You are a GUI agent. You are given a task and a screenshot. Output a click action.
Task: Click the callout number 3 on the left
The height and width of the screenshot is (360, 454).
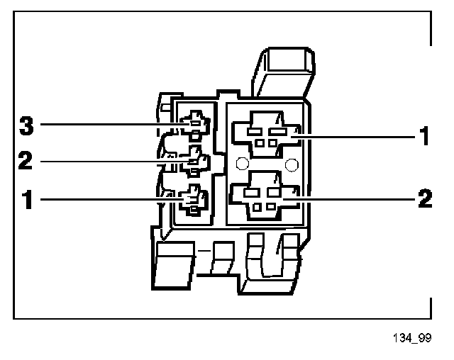(x=26, y=125)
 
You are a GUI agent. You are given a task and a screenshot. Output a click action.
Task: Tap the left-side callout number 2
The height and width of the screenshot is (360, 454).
(x=26, y=160)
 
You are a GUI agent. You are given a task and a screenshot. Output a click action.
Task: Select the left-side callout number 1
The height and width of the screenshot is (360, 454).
(x=28, y=199)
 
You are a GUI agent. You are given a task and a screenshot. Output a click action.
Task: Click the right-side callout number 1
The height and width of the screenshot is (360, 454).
(x=424, y=135)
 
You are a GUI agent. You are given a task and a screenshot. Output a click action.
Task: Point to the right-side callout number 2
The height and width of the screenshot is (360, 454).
(x=425, y=198)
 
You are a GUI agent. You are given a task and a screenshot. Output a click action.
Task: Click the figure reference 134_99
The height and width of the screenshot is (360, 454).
(x=412, y=338)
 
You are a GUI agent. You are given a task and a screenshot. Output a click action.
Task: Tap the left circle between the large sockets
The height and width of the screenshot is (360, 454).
(x=243, y=164)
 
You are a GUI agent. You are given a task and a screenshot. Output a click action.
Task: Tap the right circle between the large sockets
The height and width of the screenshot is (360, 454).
(x=292, y=165)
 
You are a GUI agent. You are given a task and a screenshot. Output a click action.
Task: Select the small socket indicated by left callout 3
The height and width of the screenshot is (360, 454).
(x=195, y=125)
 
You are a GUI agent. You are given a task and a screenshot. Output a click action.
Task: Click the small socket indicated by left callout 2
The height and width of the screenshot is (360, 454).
(x=194, y=161)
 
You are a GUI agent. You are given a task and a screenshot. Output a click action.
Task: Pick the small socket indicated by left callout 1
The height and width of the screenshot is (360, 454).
(x=194, y=200)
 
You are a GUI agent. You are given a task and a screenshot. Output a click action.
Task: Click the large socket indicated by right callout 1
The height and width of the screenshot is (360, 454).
(x=267, y=135)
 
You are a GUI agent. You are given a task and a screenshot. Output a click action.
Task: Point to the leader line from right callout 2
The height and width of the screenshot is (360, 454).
(x=350, y=199)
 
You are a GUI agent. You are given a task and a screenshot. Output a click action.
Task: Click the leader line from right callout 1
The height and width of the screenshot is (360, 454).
(x=354, y=137)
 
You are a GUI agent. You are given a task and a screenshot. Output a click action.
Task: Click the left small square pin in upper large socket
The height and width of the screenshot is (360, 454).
(x=260, y=143)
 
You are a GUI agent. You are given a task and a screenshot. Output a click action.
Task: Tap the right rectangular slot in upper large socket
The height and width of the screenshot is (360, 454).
(x=277, y=132)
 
